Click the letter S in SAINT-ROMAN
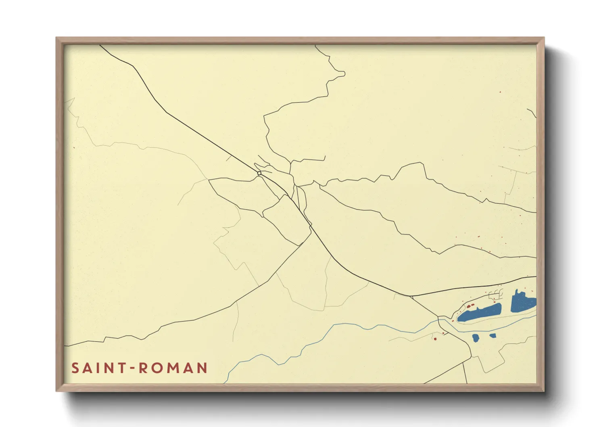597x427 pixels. (x=75, y=368)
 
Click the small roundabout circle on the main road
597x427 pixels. (x=259, y=173)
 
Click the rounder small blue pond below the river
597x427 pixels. (x=476, y=338)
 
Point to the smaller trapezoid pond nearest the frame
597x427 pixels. (x=493, y=335)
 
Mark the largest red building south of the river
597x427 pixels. (x=435, y=338)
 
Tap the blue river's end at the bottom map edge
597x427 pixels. (x=225, y=382)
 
